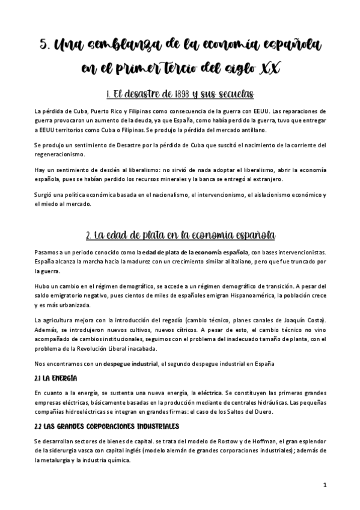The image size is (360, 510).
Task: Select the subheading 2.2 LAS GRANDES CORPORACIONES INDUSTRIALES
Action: coord(106,426)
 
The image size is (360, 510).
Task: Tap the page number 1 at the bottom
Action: coord(324,485)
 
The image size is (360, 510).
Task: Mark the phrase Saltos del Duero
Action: coord(248,411)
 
